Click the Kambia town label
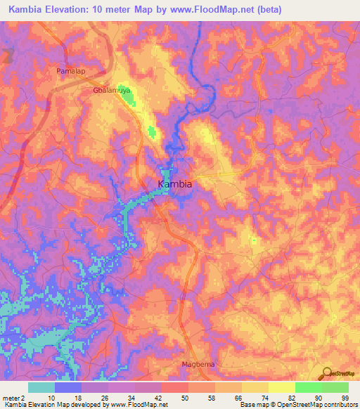[x=175, y=184]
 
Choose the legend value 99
[x=345, y=398]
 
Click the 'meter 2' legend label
[x=14, y=398]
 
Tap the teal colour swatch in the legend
[x=41, y=387]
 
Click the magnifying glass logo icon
[x=326, y=373]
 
